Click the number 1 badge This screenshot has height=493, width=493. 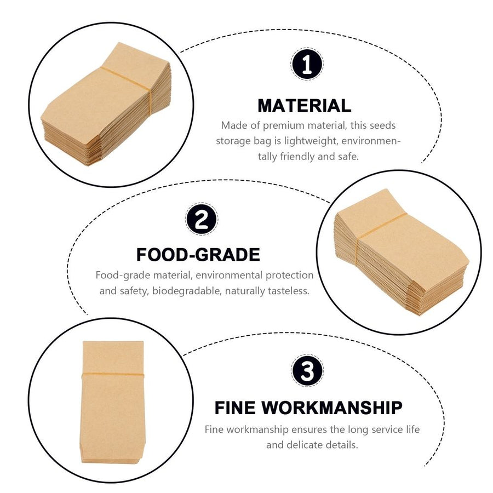tap(307, 64)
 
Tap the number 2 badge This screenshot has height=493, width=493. tap(202, 219)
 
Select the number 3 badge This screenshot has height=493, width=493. tap(307, 371)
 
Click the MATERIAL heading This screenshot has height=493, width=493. tap(305, 106)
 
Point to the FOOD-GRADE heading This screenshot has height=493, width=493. tap(198, 255)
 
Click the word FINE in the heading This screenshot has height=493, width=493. tap(235, 408)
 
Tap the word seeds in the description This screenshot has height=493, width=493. tap(383, 125)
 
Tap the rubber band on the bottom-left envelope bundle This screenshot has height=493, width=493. tap(113, 374)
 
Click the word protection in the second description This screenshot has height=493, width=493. tap(290, 276)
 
